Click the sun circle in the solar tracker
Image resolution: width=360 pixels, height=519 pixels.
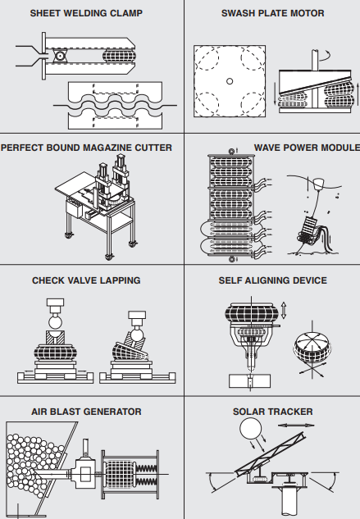click(250, 429)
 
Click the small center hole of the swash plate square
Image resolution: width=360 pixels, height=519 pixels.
click(230, 81)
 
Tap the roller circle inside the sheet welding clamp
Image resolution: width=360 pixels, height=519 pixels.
click(60, 56)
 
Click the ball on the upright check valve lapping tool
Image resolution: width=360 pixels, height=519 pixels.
click(55, 322)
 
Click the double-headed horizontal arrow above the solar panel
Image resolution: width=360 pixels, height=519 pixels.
click(296, 425)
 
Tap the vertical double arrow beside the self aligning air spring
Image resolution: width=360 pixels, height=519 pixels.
click(284, 310)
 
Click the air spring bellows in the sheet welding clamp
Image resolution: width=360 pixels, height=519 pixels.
click(119, 56)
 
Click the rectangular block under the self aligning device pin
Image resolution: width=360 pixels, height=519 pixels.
click(250, 381)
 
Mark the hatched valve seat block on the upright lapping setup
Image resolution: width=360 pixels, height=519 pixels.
click(55, 338)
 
